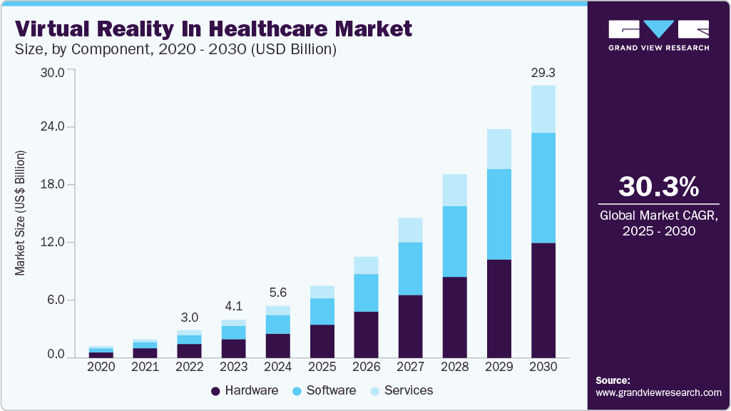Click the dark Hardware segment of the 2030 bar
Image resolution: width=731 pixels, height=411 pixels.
click(x=543, y=300)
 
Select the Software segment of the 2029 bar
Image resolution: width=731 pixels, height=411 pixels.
click(x=499, y=214)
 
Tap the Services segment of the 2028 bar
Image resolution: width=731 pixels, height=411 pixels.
click(x=455, y=190)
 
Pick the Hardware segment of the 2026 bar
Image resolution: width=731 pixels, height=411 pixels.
click(x=366, y=334)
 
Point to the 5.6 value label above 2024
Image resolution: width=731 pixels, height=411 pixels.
click(x=278, y=293)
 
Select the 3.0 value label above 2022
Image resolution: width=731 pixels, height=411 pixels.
click(x=190, y=317)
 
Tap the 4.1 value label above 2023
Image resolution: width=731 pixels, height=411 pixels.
click(x=234, y=305)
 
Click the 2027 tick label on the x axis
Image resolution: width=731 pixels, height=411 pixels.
click(x=411, y=366)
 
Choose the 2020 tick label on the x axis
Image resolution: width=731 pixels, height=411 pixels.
click(x=101, y=366)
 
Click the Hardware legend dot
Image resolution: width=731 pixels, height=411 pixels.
click(x=215, y=391)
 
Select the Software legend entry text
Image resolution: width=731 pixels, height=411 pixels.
click(x=331, y=390)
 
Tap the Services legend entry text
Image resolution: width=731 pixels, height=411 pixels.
click(x=408, y=390)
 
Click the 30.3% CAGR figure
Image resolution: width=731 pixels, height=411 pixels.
click(x=658, y=187)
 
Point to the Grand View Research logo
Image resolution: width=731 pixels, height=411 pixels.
click(x=658, y=35)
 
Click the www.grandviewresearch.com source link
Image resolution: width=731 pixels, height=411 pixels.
click(x=658, y=392)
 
